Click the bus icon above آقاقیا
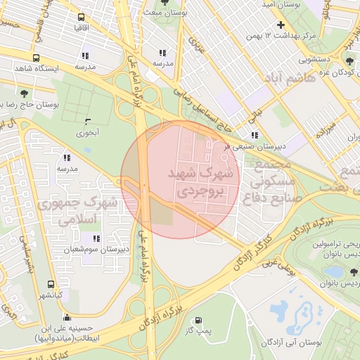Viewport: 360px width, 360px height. (x=81, y=17)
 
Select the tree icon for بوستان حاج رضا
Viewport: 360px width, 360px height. (x=25, y=93)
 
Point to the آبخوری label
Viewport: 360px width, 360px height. (x=89, y=131)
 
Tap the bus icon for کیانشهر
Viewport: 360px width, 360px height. (x=51, y=284)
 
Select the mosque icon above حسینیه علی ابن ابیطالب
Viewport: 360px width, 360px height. (x=67, y=316)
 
